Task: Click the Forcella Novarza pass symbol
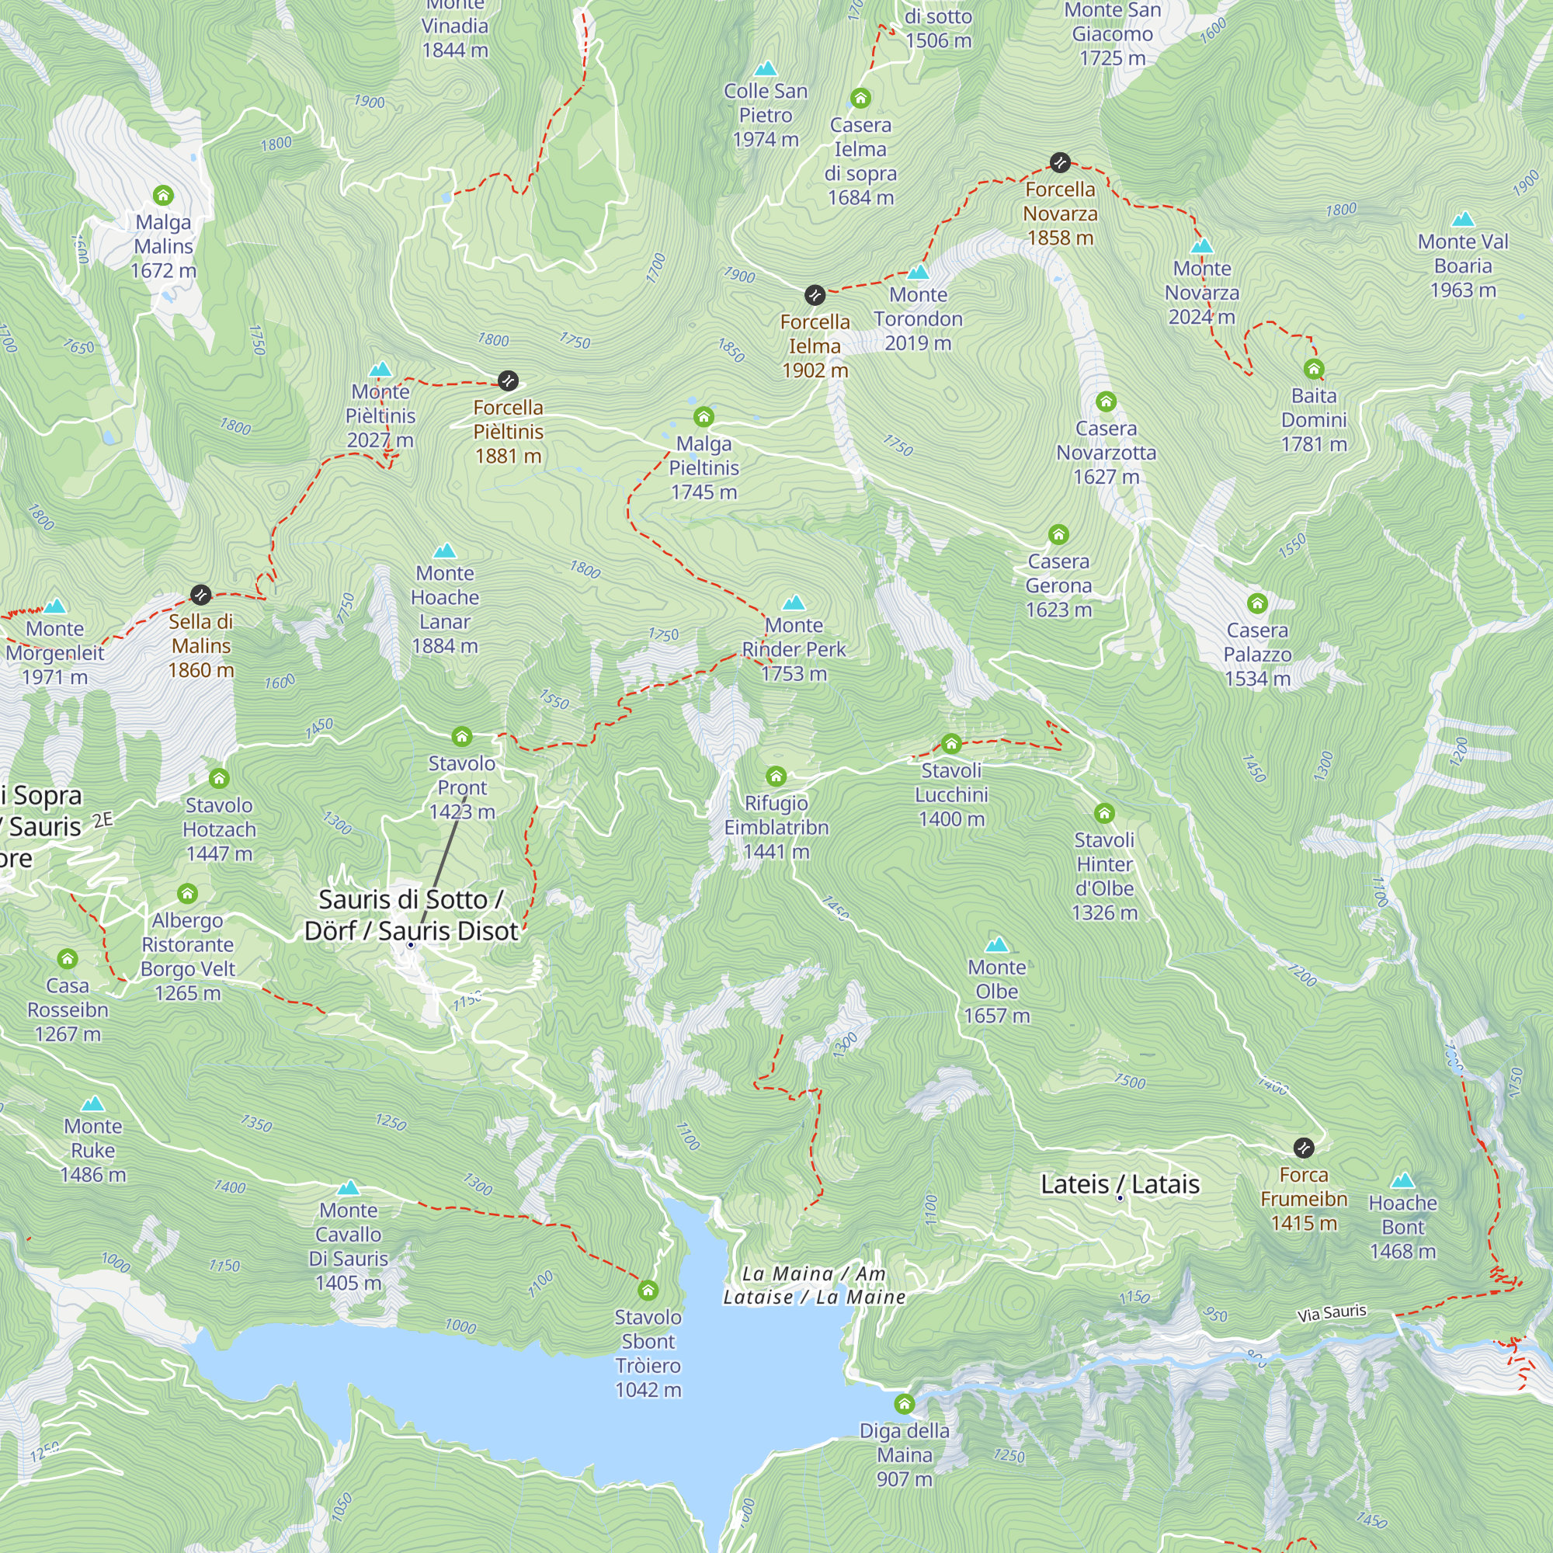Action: point(1059,163)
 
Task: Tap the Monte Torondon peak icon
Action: point(918,272)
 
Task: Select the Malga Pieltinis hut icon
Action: point(704,416)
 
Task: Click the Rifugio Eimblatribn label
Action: point(776,827)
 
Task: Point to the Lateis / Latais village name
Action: point(1120,1184)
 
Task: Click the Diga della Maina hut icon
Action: point(905,1404)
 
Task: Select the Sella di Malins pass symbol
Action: point(201,595)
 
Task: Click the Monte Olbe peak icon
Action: point(997,944)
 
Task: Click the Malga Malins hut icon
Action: point(163,196)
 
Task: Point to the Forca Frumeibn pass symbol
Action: point(1304,1148)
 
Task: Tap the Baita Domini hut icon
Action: point(1314,369)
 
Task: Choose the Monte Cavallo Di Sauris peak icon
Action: point(348,1188)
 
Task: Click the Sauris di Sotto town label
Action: point(411,915)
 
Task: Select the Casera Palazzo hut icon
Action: point(1257,603)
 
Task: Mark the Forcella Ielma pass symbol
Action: point(815,295)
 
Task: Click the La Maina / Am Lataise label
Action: point(814,1285)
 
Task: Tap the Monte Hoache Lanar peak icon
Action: point(444,551)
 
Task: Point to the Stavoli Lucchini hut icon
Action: point(951,744)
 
